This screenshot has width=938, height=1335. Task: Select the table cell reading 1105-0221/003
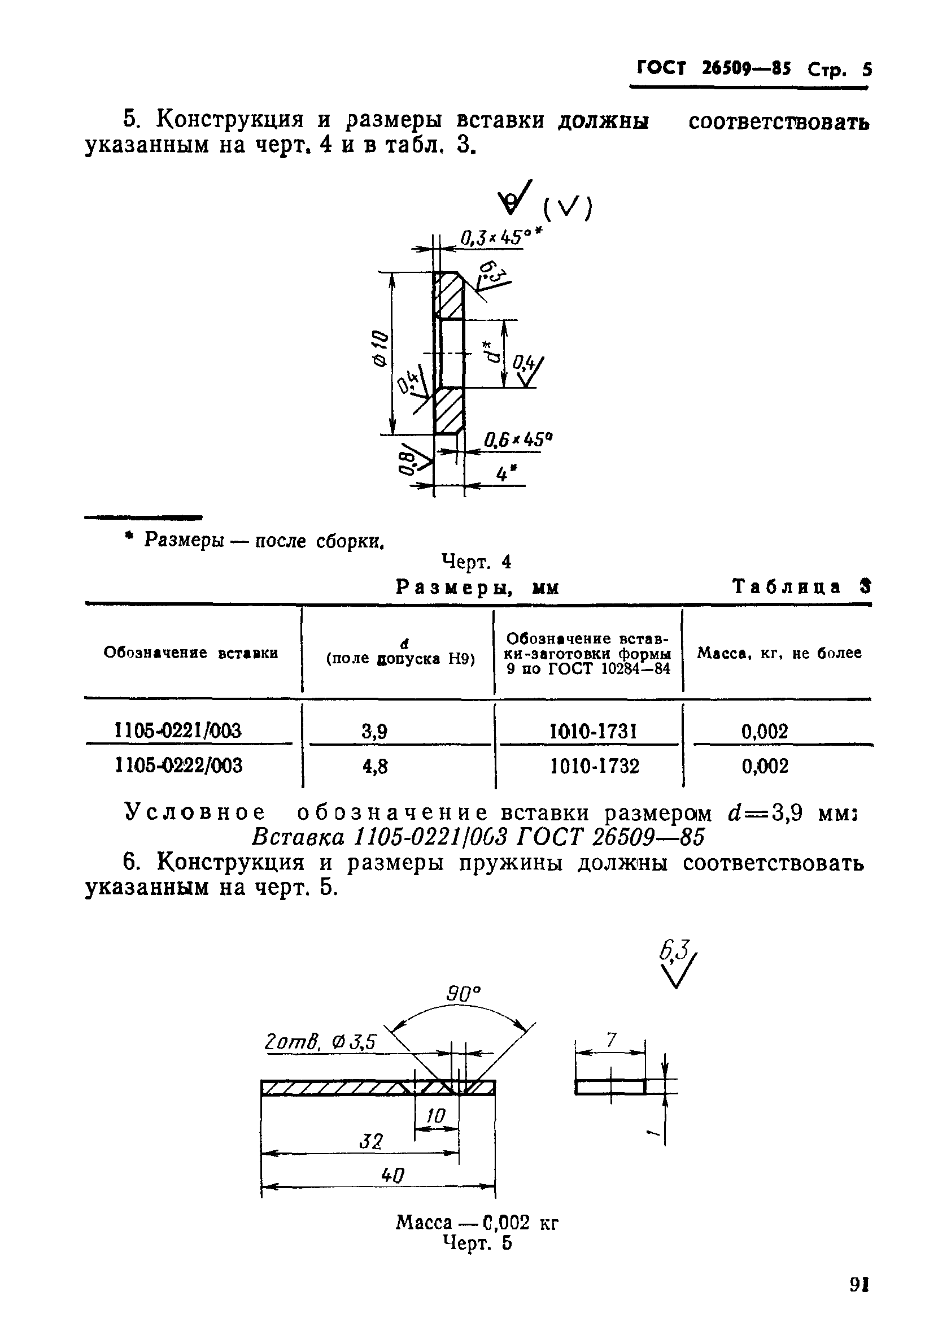point(178,730)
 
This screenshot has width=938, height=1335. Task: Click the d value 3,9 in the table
point(375,732)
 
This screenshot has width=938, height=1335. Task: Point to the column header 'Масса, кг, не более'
point(779,653)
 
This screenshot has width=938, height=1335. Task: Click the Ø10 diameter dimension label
point(379,348)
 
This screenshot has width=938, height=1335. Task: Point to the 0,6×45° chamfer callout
point(517,440)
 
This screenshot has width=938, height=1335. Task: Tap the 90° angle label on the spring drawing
point(464,994)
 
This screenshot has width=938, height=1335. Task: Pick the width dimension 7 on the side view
point(611,1040)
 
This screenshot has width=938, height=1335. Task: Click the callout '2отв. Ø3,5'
point(320,1041)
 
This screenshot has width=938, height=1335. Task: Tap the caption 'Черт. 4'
point(477,562)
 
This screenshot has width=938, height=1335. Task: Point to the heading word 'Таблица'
point(786,586)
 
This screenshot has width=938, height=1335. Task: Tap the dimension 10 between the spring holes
point(436,1114)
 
